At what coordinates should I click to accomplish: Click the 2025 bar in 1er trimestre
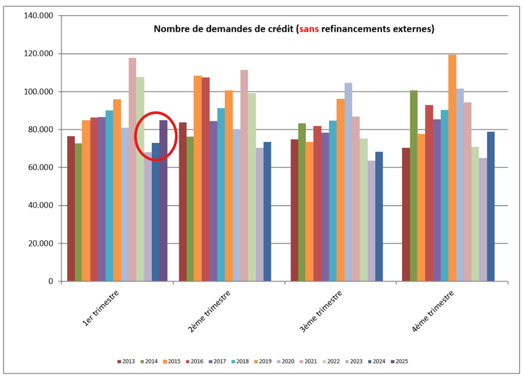[x=163, y=201]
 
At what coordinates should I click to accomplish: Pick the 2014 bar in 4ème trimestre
[x=414, y=186]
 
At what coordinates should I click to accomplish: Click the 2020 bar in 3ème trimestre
[x=348, y=182]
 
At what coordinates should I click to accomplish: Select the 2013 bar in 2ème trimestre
[x=182, y=201]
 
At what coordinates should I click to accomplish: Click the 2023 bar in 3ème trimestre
[x=371, y=221]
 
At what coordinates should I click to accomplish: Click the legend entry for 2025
[x=399, y=362]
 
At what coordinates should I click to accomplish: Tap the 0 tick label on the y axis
[x=51, y=281]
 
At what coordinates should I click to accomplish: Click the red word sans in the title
[x=309, y=29]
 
